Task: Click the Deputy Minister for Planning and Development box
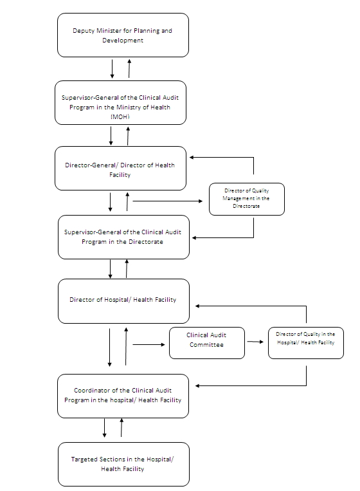point(123,35)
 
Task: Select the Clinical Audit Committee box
point(207,343)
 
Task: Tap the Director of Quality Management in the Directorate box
point(247,199)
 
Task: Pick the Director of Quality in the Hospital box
point(306,343)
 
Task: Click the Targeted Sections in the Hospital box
point(123,464)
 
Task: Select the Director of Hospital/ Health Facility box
point(123,301)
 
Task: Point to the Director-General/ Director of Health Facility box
point(120,168)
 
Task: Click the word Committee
point(206,345)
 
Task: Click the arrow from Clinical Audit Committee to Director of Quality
point(255,342)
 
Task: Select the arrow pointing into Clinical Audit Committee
point(149,344)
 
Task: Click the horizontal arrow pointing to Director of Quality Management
point(168,201)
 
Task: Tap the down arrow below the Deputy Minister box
point(112,69)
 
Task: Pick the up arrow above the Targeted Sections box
point(122,427)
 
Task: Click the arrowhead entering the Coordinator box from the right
point(197,386)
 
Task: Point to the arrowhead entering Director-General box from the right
point(192,157)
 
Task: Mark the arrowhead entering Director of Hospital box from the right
point(197,306)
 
